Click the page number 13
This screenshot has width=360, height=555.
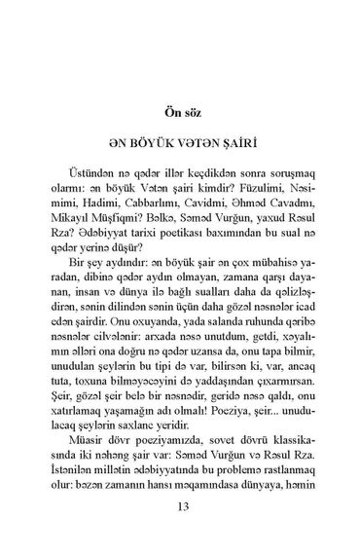tap(181, 505)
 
